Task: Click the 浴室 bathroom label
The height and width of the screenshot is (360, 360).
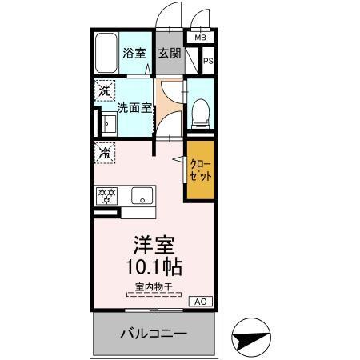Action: point(134,54)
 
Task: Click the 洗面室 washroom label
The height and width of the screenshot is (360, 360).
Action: point(134,106)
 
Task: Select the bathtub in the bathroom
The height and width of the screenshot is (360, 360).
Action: point(106,53)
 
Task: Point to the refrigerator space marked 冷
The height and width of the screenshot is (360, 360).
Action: point(105,150)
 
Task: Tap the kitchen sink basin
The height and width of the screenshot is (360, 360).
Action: point(140,195)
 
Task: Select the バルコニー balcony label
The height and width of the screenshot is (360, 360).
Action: point(154,332)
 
